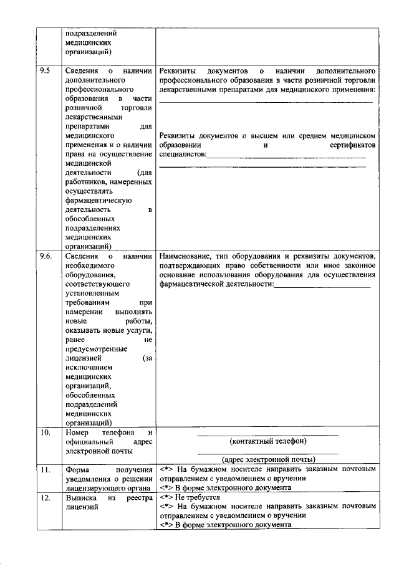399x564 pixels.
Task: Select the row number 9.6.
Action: pyautogui.click(x=46, y=256)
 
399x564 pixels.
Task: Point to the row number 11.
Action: pyautogui.click(x=44, y=469)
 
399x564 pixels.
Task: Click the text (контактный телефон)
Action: pyautogui.click(x=268, y=441)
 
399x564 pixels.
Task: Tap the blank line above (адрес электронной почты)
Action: pyautogui.click(x=268, y=453)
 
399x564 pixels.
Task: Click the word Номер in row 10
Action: pyautogui.click(x=78, y=432)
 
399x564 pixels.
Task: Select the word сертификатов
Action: pyautogui.click(x=352, y=145)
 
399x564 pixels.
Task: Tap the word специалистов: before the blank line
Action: pyautogui.click(x=183, y=154)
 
